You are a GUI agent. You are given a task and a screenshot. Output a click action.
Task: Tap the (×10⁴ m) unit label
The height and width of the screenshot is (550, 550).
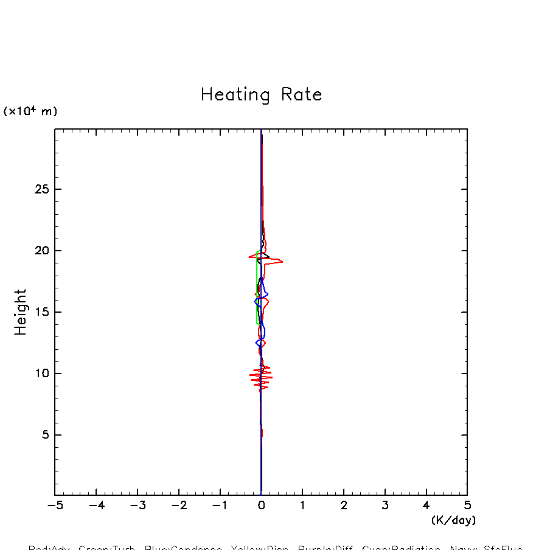(x=30, y=111)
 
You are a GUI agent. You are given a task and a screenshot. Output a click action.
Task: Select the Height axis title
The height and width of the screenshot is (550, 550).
(x=21, y=312)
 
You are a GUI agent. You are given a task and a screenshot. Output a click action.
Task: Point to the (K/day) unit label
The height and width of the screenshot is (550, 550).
(x=453, y=520)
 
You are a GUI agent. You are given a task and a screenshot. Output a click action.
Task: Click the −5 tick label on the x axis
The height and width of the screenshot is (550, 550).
(x=55, y=506)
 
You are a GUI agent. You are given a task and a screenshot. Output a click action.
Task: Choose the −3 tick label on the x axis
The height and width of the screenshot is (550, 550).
(x=137, y=506)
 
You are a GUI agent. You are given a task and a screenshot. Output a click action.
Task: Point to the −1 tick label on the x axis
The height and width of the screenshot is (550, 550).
(x=220, y=506)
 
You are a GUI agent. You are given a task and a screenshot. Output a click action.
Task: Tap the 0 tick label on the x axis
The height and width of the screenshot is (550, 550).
(x=261, y=506)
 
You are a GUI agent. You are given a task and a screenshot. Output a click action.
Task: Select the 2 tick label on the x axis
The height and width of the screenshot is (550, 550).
(x=344, y=506)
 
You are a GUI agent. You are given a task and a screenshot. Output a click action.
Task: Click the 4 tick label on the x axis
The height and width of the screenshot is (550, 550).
(x=426, y=506)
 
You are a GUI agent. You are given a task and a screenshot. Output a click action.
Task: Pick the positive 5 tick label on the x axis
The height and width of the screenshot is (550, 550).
(x=467, y=506)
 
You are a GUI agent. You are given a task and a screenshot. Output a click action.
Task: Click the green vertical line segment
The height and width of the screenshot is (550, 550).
(x=257, y=286)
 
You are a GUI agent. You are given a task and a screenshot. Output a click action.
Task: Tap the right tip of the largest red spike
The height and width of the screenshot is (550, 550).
(x=282, y=261)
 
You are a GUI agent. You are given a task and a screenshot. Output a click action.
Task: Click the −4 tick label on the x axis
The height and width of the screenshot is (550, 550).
(x=96, y=506)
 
